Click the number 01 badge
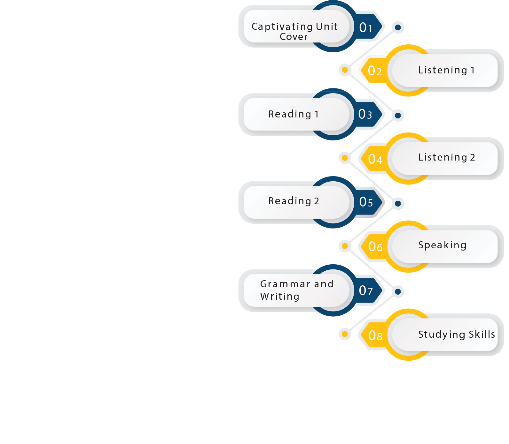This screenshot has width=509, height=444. tap(366, 28)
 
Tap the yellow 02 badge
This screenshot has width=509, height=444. tap(375, 71)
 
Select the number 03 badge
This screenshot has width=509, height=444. tap(365, 114)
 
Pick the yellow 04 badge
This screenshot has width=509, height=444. tap(375, 159)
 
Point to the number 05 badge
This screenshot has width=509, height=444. tap(366, 202)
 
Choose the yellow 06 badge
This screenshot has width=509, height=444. tap(375, 247)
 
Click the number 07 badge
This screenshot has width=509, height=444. tap(366, 290)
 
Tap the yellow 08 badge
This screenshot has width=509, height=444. tap(375, 335)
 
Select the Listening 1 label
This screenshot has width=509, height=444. tap(446, 70)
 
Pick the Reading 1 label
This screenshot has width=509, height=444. tap(294, 114)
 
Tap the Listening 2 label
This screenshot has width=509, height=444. tap(447, 157)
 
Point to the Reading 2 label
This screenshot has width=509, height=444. tap(294, 201)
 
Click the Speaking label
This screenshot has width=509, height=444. tap(442, 245)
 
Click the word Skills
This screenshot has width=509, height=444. tap(482, 334)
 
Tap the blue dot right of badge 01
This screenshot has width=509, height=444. tap(398, 27)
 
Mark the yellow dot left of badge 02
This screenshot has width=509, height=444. tap(345, 70)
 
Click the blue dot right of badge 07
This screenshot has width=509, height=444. tap(398, 291)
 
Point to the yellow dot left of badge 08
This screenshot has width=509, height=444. tap(345, 334)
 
